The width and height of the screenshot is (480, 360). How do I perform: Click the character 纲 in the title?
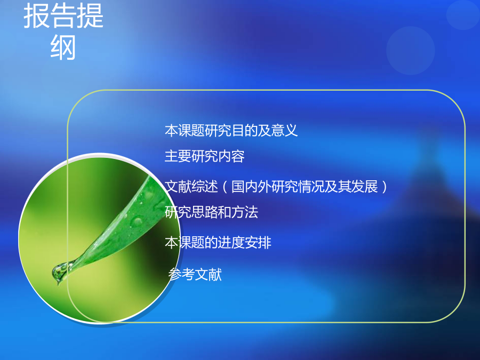coord(63,47)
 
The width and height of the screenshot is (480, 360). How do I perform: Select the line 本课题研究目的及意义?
coord(231,131)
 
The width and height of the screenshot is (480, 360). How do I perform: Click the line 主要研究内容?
coord(204,156)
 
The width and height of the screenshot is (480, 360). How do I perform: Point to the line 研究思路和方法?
coord(211,212)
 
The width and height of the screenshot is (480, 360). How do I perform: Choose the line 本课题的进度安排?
coord(218,243)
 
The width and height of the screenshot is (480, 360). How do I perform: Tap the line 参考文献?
coord(195,274)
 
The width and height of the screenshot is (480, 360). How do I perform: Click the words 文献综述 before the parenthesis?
coord(191,187)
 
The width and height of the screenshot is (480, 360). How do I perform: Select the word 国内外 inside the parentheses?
coord(251,187)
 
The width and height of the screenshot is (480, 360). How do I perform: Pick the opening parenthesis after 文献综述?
coord(225,187)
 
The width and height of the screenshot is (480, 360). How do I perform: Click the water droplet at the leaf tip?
coord(60,272)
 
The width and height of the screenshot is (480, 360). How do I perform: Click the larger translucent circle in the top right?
coord(411,51)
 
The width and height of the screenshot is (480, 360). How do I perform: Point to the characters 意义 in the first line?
coord(284,131)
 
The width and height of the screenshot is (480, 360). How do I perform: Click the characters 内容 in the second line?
coord(231,156)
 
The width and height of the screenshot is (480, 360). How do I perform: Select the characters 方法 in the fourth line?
coord(245,212)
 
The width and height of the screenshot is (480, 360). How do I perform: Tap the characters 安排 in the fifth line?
coord(258,243)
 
